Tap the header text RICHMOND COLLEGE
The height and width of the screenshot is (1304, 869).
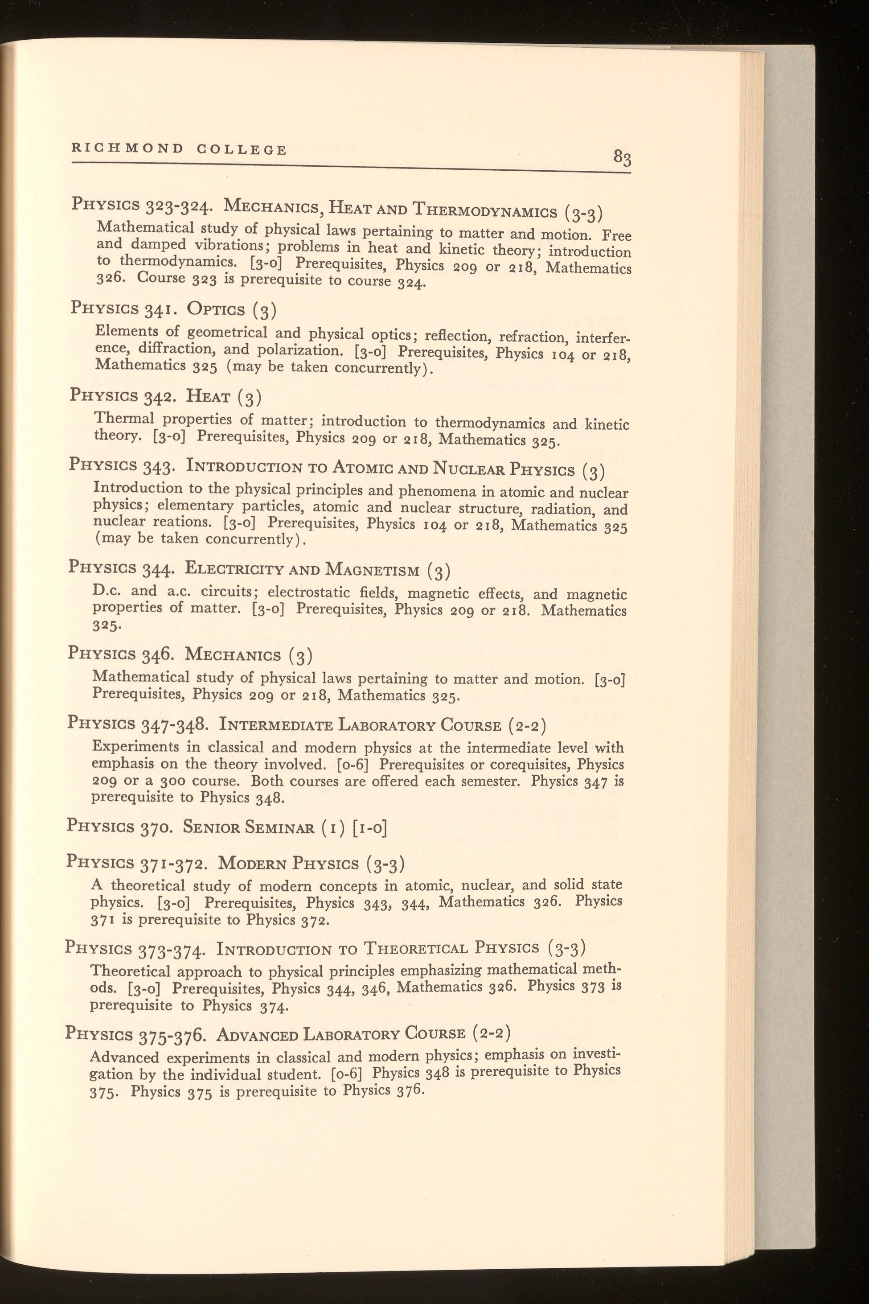179,149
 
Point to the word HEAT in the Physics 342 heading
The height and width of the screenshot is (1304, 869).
209,396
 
